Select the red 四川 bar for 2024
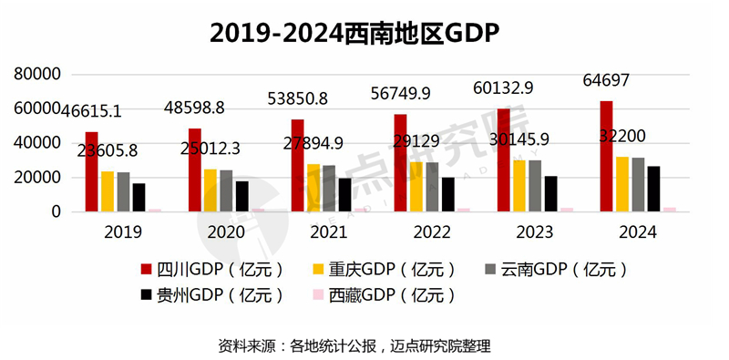coord(607,156)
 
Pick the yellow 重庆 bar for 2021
coord(313,188)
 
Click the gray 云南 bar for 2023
coord(535,186)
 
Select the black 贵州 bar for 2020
coord(241,196)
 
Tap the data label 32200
coord(622,135)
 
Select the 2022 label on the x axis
coord(432,232)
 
